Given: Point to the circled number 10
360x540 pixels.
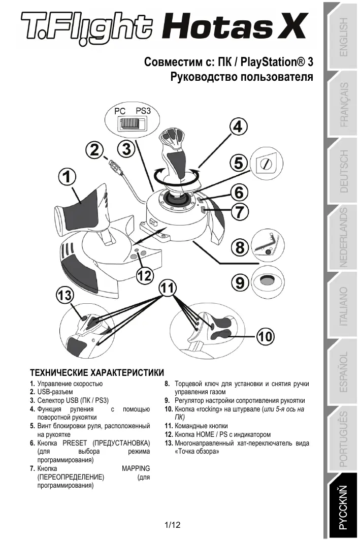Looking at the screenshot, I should click(266, 336).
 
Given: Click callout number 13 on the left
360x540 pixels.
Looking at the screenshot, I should click(65, 295).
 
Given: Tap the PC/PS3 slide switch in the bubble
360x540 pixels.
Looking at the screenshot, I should click(130, 123).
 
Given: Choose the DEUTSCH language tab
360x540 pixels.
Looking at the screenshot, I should click(344, 171).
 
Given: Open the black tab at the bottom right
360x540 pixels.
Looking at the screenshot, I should click(344, 508).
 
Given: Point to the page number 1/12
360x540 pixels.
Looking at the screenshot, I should click(173, 525).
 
